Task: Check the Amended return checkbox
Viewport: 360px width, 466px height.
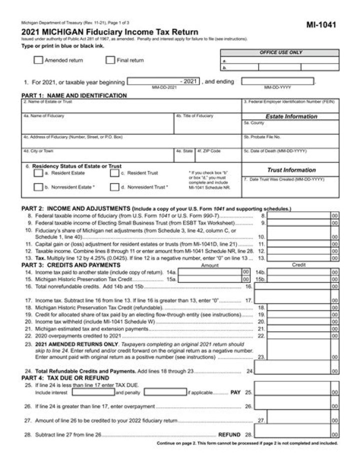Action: click(38, 61)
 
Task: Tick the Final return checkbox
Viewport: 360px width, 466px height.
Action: click(110, 61)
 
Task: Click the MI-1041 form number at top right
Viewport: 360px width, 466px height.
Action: click(321, 24)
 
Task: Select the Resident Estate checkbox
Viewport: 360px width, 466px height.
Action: click(38, 173)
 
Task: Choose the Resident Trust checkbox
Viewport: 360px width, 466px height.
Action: click(114, 173)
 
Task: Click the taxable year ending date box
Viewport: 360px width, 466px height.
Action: click(278, 82)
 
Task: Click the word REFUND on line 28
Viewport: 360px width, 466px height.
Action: click(230, 435)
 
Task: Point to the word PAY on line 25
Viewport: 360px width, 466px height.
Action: click(236, 393)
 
